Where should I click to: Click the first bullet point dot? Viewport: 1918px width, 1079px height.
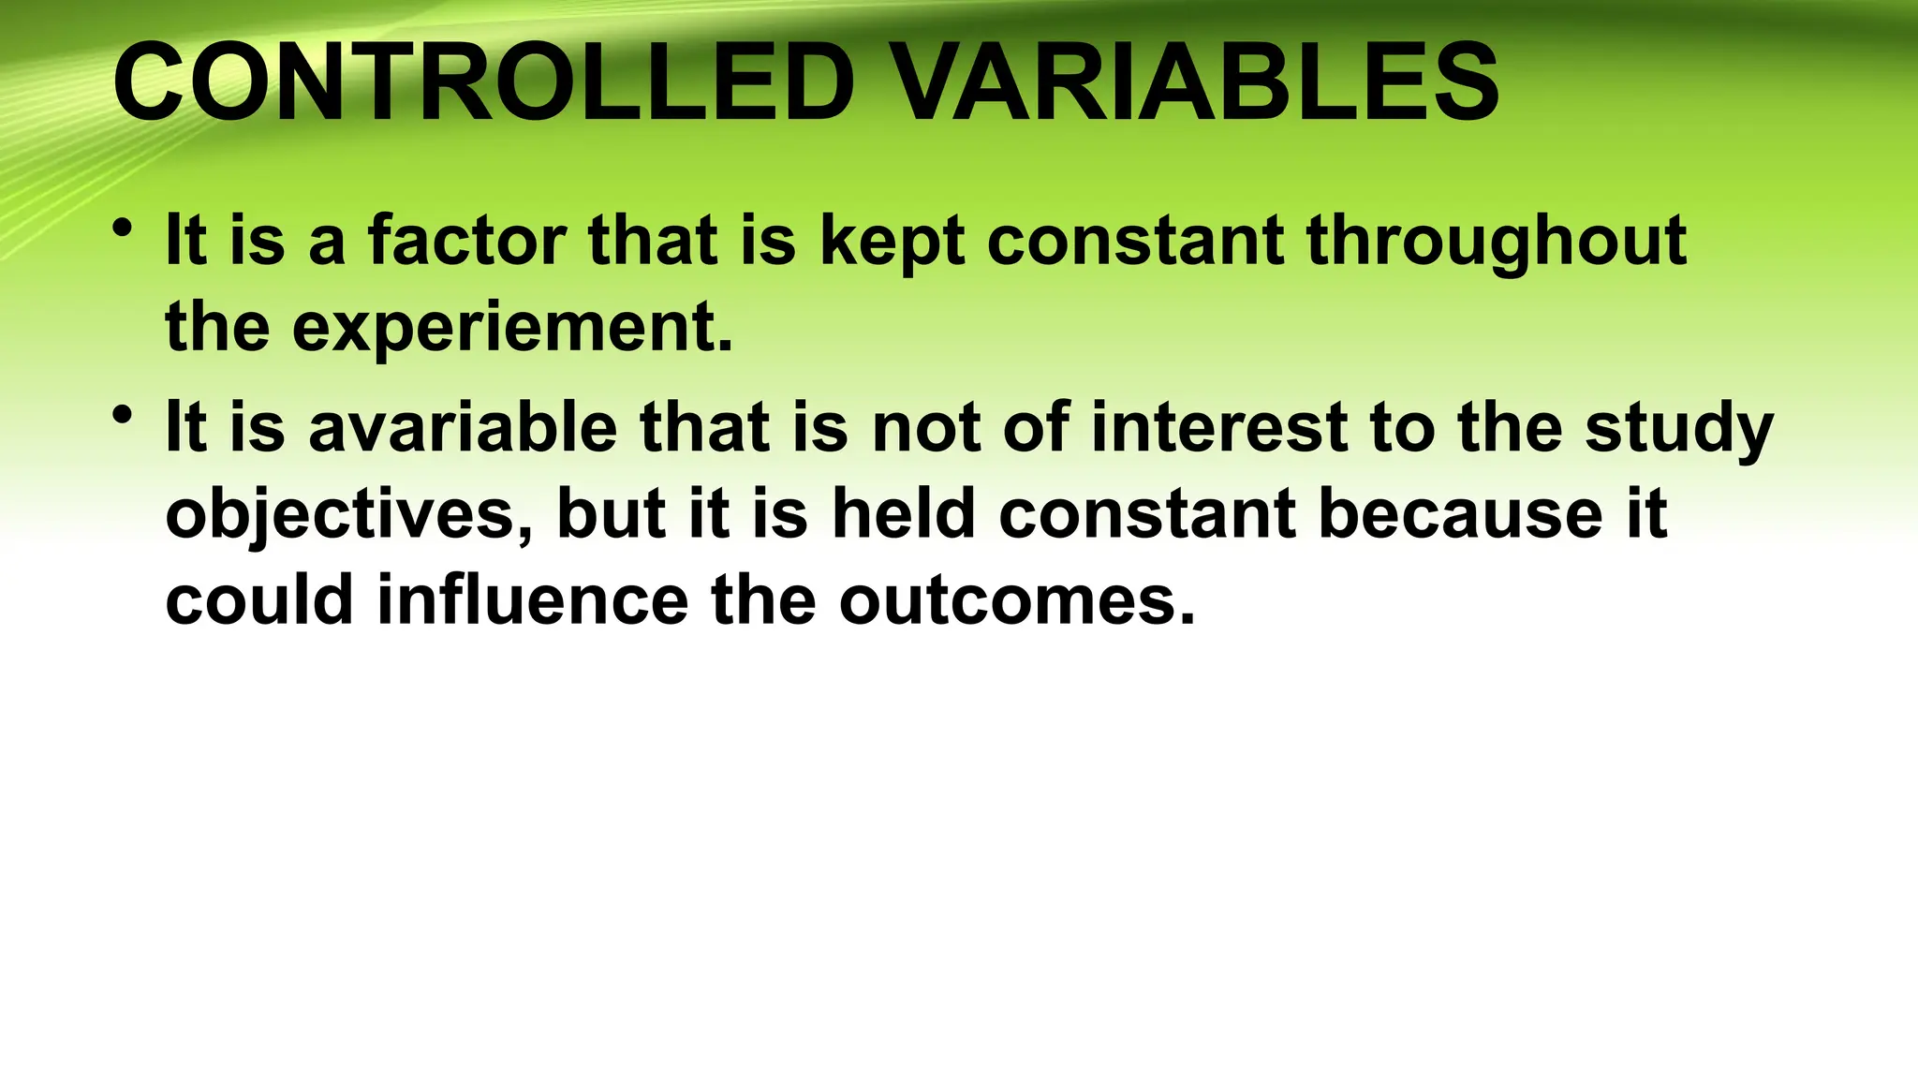[x=120, y=228]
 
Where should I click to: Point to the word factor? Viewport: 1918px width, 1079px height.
[x=466, y=241]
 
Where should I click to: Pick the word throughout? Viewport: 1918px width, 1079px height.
[x=1497, y=243]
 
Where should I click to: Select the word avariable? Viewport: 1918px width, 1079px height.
[x=463, y=428]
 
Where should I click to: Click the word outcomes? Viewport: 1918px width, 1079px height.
[x=1017, y=601]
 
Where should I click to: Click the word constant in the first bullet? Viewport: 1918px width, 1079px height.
[x=1134, y=241]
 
